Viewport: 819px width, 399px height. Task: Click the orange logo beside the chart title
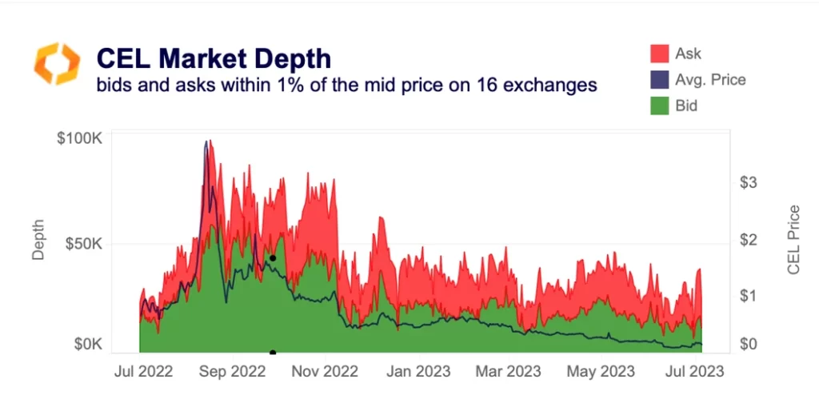tap(57, 64)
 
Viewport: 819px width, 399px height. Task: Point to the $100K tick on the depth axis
tap(78, 138)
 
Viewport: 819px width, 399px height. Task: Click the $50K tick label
tap(82, 242)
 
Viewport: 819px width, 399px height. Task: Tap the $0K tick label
tap(86, 344)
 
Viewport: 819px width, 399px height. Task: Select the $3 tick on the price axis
tap(749, 183)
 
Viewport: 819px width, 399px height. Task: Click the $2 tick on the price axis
tap(749, 240)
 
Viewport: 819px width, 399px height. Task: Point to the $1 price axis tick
tap(749, 296)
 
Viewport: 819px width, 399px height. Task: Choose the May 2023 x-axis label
tap(600, 371)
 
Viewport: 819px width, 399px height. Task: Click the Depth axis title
tap(38, 240)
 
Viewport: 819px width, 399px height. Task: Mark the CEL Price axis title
tap(793, 240)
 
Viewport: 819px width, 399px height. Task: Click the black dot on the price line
tap(273, 258)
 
